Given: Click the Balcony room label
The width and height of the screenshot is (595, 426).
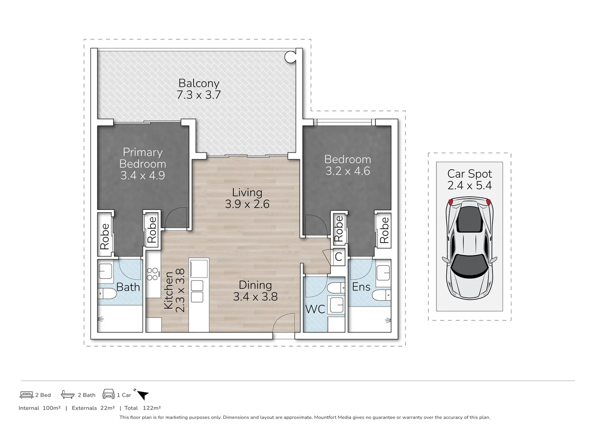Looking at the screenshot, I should tap(199, 83).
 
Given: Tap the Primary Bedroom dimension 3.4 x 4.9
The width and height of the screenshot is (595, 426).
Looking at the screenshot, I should tap(142, 176).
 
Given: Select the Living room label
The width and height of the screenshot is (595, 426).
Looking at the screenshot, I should tap(247, 192).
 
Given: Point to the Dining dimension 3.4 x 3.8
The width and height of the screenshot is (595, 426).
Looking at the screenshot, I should tap(255, 297).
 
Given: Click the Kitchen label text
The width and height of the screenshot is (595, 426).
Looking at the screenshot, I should tap(168, 290).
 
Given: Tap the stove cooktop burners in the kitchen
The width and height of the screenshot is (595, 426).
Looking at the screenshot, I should tap(152, 274).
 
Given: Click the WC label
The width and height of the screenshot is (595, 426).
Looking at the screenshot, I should tap(315, 309).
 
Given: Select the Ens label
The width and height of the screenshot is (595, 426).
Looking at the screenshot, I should tap(361, 287).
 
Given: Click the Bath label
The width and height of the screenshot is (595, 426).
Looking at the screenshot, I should tap(128, 287).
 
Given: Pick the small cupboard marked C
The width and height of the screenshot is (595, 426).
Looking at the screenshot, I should tap(338, 257).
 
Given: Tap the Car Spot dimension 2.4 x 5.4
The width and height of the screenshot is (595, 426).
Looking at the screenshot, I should tap(469, 185).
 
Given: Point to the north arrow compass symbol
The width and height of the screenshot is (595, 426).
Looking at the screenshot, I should tap(142, 394).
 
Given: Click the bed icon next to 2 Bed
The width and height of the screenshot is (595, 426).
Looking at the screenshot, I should tap(26, 395).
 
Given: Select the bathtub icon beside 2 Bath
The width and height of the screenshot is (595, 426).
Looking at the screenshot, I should tap(68, 394).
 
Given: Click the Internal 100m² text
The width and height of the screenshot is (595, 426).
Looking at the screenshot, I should tap(39, 408).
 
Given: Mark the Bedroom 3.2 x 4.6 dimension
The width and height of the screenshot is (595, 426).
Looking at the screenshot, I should tap(347, 171).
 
